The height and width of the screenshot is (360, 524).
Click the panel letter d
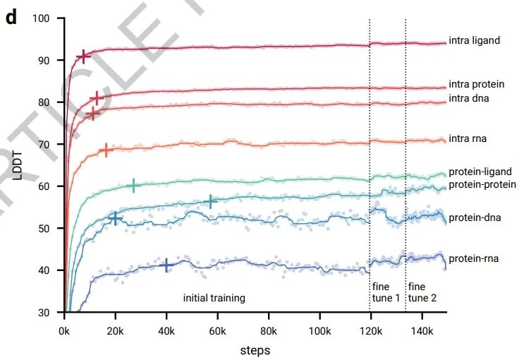11,18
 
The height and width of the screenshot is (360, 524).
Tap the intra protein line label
476,85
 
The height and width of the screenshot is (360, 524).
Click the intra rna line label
468,139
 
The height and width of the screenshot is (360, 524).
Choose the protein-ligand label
480,172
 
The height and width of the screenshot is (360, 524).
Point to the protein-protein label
482,185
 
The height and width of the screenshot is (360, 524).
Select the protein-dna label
474,217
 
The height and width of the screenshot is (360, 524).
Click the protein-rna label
473,259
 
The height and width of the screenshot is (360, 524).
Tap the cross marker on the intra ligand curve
84,56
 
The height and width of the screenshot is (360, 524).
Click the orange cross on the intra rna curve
106,150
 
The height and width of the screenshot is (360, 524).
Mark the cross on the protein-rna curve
167,265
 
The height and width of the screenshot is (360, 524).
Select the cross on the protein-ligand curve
134,186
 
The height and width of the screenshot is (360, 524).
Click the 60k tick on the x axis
218,331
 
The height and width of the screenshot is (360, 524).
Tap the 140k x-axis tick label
422,331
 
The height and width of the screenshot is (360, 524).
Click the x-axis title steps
255,349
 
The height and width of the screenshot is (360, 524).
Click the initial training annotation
214,298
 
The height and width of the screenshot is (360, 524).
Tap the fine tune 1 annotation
385,292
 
